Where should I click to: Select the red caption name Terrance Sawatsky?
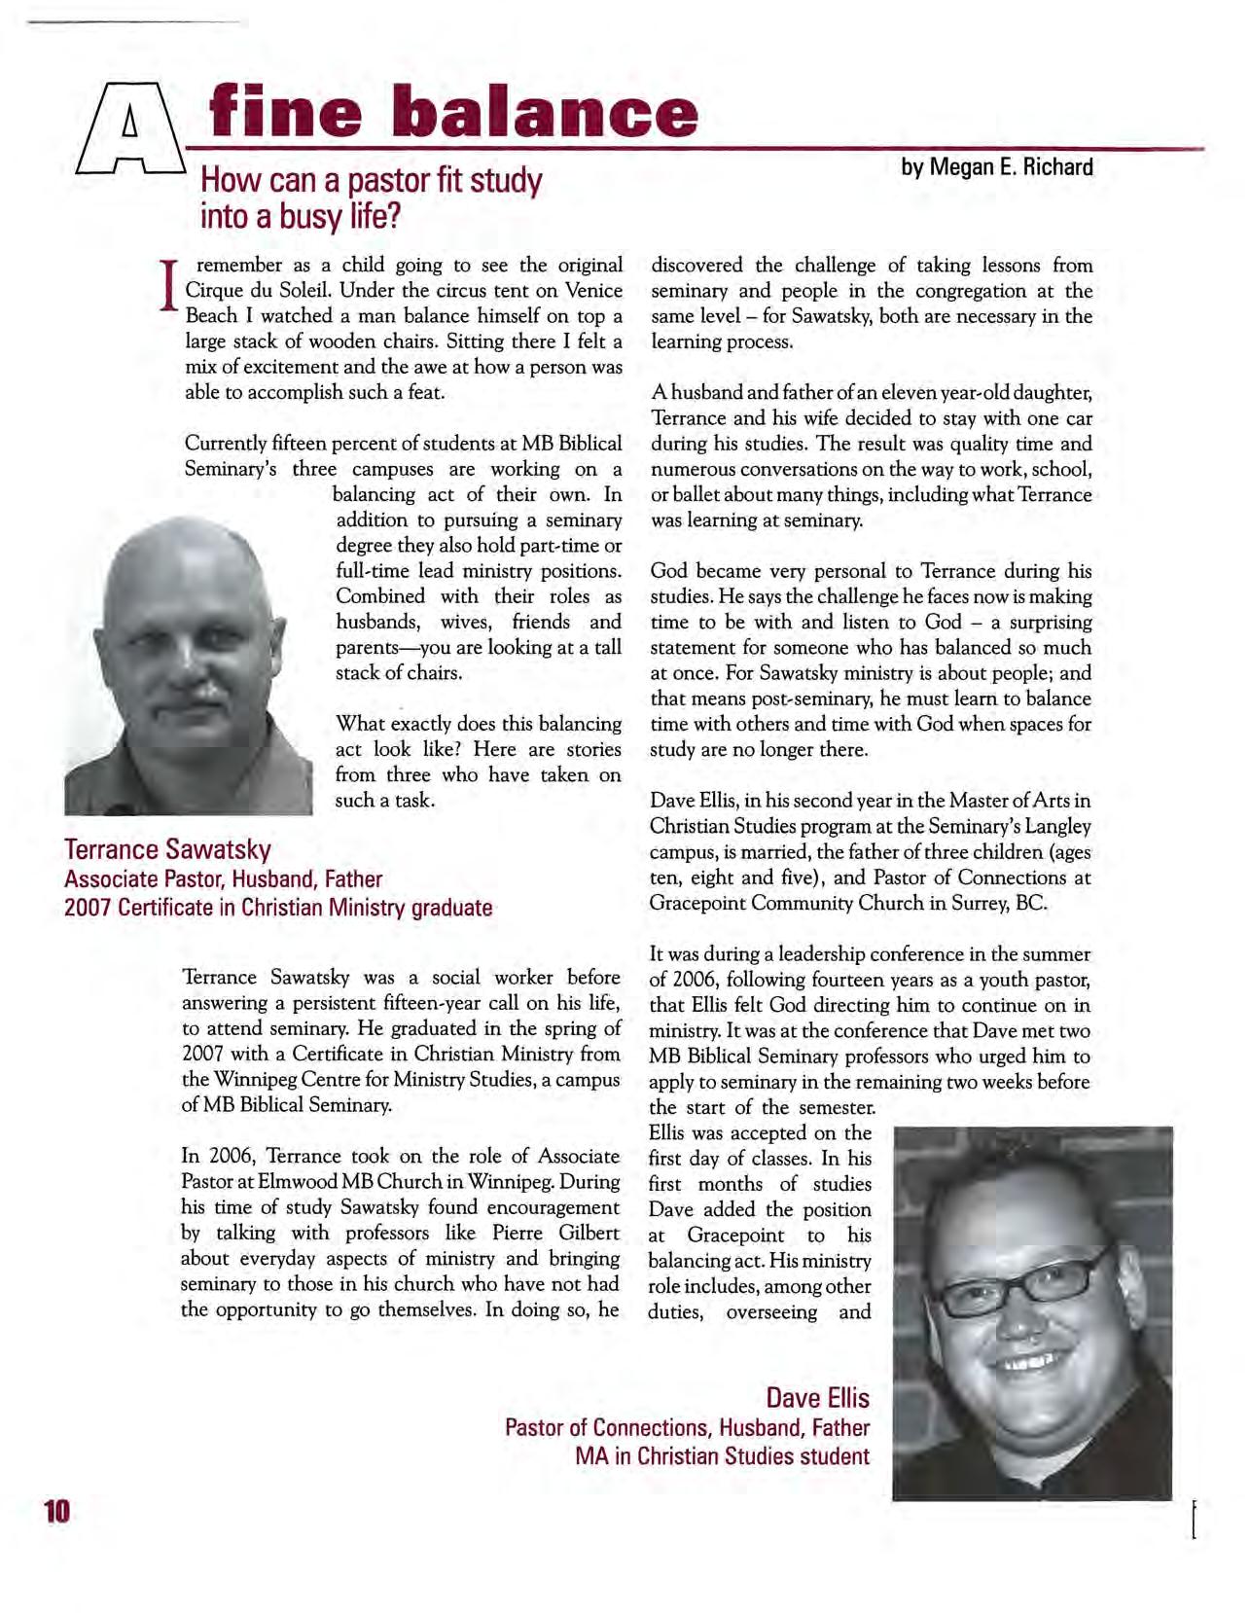click(x=167, y=849)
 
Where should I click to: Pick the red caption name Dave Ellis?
click(x=817, y=1398)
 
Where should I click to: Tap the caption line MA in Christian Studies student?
click(x=722, y=1456)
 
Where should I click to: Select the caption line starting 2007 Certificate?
click(x=278, y=908)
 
